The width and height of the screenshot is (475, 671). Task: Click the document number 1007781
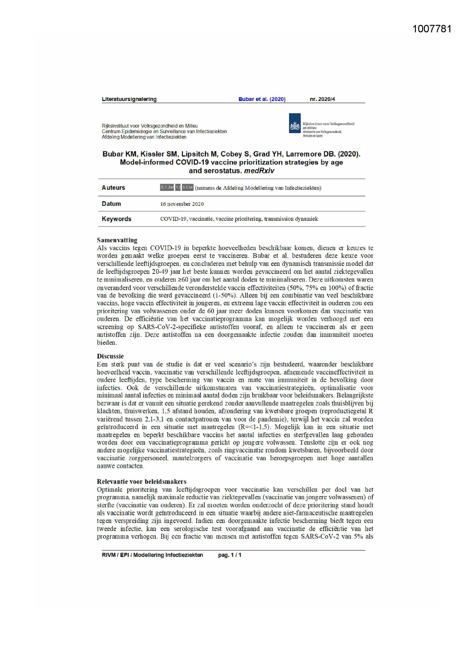coord(432,29)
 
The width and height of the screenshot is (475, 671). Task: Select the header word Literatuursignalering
coord(129,99)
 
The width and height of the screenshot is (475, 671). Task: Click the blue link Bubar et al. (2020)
coord(262,99)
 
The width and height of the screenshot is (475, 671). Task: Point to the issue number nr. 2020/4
coord(322,99)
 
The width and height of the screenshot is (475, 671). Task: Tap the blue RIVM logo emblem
coord(294,125)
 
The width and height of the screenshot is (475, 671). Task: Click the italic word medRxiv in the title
coord(259,171)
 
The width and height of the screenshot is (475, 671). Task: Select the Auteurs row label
coord(113,188)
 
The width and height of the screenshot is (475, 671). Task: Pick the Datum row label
coord(111,204)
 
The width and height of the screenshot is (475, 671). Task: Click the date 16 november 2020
coord(182,204)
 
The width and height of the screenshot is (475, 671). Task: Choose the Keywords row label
coord(116,219)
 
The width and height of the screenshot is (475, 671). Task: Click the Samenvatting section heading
coord(117,240)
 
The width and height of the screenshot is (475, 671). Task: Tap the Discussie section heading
coord(110,357)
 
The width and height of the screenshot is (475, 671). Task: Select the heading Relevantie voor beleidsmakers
coord(141,482)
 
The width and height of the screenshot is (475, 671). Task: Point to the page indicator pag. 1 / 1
coord(230,555)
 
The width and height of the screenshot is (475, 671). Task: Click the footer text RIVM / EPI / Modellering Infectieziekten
coord(152,555)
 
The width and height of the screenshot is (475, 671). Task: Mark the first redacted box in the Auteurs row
coord(166,187)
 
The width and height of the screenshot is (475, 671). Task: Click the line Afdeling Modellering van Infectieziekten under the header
coord(144,137)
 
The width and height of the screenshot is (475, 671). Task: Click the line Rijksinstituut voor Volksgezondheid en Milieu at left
coord(150,126)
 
